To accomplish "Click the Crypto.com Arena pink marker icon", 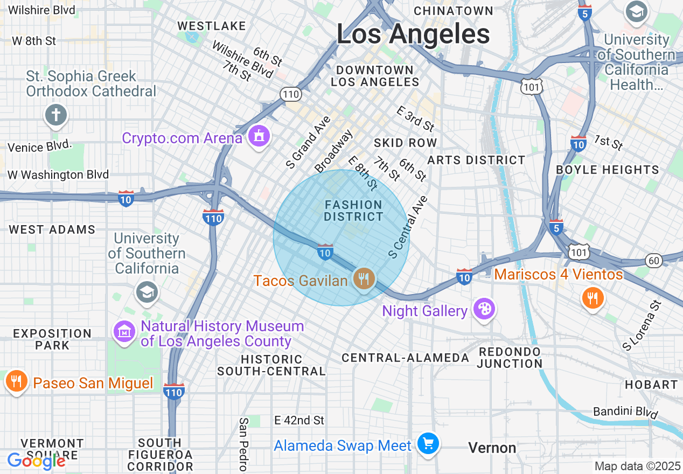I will [x=259, y=137].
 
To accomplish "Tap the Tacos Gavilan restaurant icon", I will [x=365, y=279].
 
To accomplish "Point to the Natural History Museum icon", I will [x=125, y=332].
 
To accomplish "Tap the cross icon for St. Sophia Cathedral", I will [x=57, y=115].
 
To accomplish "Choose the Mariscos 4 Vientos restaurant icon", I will [x=593, y=297].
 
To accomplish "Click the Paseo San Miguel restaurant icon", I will [x=16, y=381].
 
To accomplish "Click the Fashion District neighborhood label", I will [x=353, y=211].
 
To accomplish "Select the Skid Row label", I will [x=405, y=143].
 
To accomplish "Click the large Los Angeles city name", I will [x=413, y=34].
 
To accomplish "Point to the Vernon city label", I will [x=492, y=448].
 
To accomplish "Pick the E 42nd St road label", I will [x=299, y=420].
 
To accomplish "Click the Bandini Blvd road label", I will [x=625, y=413].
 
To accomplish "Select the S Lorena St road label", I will [x=642, y=325].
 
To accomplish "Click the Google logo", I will [x=36, y=461].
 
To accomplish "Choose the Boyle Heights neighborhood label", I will [x=607, y=170].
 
